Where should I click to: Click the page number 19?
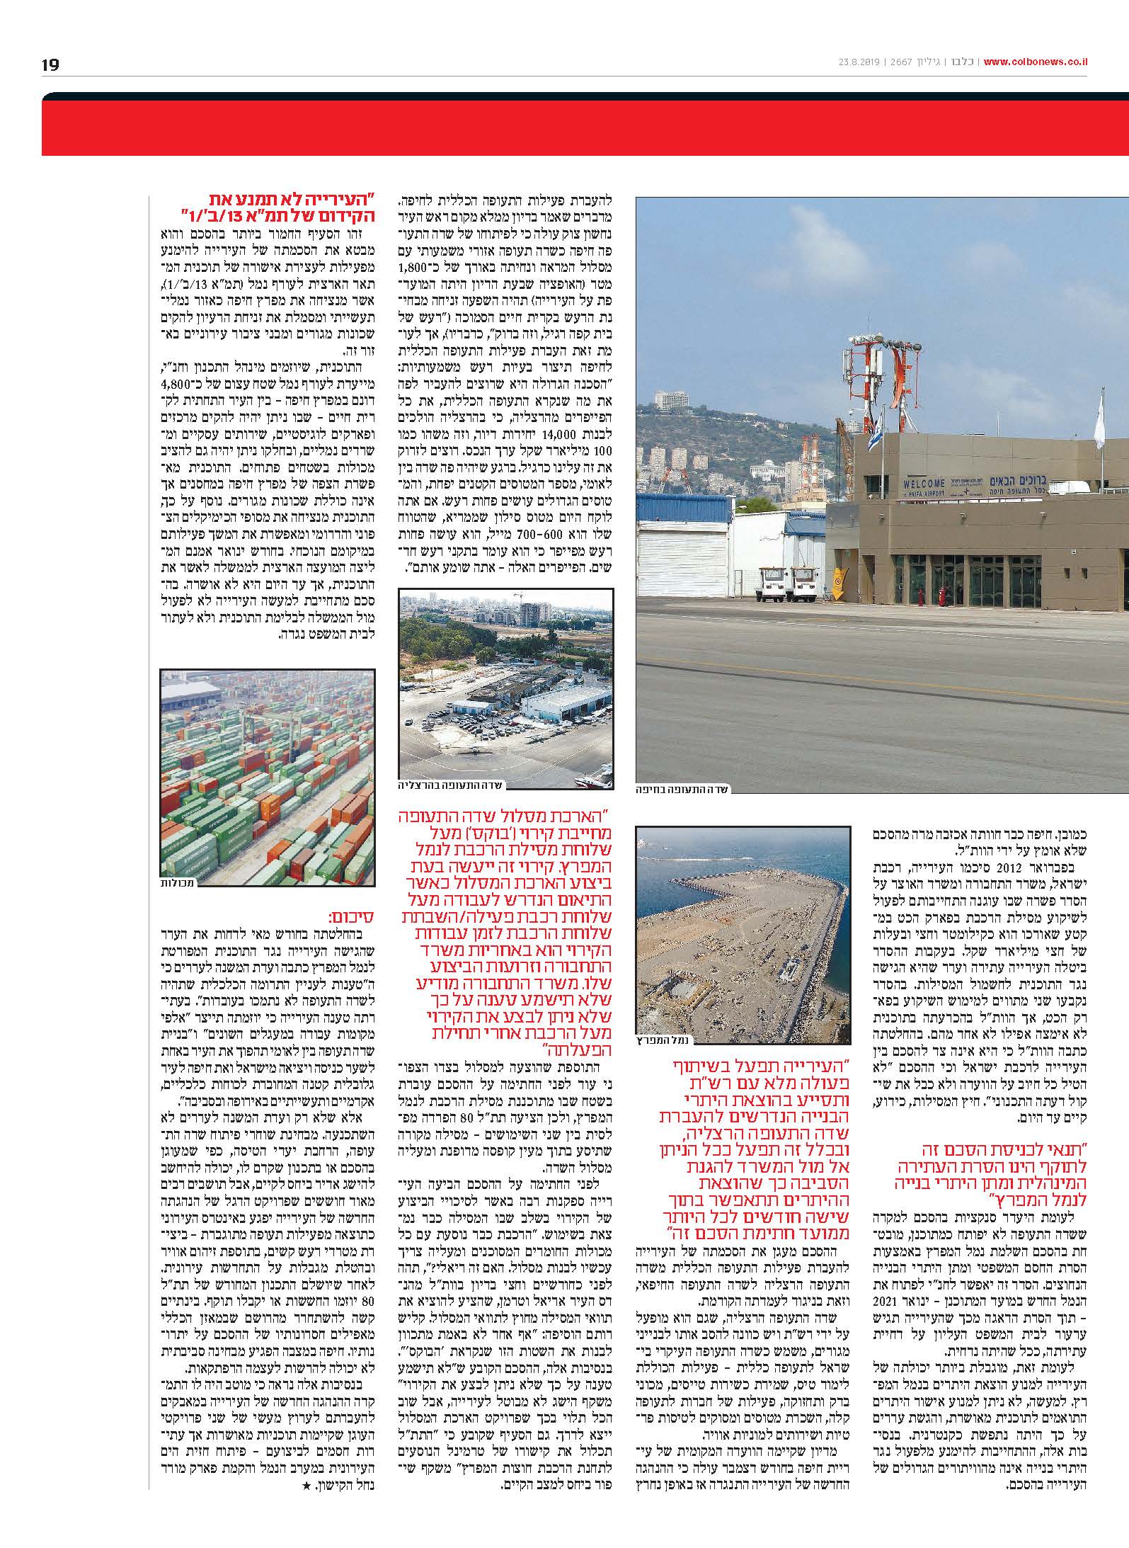(x=50, y=65)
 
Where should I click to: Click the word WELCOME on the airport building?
(x=924, y=483)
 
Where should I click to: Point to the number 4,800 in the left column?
(x=355, y=385)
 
